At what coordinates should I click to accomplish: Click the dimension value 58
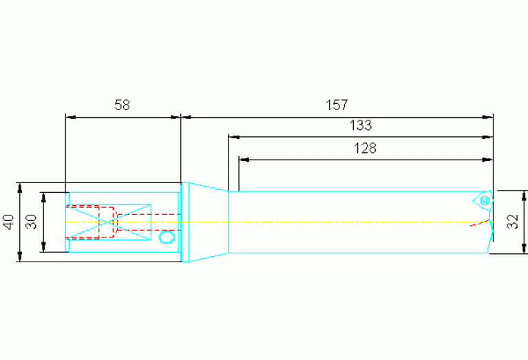click(122, 105)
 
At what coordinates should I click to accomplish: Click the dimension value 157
click(337, 105)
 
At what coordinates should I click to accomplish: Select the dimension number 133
click(361, 126)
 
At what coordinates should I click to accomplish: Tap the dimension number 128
click(365, 148)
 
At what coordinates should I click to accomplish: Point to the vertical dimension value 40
click(8, 222)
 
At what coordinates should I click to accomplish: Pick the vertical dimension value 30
click(31, 222)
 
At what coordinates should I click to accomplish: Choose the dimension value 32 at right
click(512, 222)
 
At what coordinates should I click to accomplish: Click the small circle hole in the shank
click(165, 237)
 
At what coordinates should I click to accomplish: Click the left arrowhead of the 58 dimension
click(70, 117)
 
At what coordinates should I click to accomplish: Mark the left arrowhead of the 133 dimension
click(233, 138)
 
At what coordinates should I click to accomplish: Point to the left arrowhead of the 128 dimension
click(244, 160)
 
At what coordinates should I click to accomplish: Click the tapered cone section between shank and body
click(209, 222)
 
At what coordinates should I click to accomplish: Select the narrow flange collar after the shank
click(184, 222)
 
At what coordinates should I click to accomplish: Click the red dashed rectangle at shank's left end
click(83, 222)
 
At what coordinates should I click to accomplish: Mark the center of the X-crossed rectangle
click(109, 222)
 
